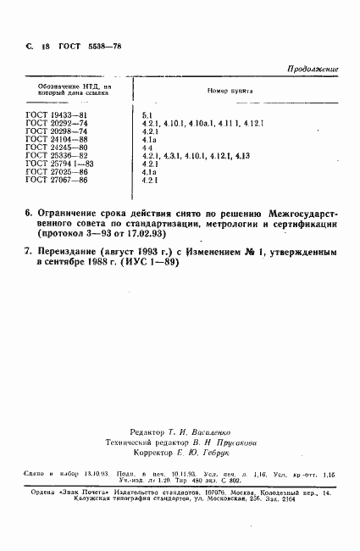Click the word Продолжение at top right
[313, 69]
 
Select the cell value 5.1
[147, 114]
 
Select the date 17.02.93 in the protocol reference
[175, 231]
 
